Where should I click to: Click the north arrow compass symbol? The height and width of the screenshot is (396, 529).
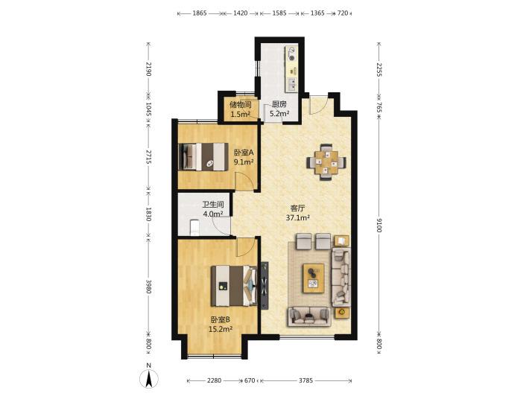point(149,378)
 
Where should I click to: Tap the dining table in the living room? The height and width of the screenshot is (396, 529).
point(326,162)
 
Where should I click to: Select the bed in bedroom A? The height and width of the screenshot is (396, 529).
point(203,157)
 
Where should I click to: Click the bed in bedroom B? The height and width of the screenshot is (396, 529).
point(233,286)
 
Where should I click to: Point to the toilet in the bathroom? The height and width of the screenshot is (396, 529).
point(194,228)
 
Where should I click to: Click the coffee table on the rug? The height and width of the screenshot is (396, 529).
point(314,278)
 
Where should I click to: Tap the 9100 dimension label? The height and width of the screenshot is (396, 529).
point(378,225)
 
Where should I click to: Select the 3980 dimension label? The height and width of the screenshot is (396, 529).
point(148,286)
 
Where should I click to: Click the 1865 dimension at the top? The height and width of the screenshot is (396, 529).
point(199,13)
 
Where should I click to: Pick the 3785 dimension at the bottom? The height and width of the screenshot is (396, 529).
point(306,380)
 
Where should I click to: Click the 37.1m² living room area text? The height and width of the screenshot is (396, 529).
point(298,217)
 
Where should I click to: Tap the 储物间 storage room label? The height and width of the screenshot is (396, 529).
point(240,104)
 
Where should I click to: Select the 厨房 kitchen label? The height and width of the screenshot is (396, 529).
point(279,104)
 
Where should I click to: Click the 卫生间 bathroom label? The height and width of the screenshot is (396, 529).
point(213,204)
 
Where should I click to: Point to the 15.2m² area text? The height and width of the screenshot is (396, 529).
point(221,329)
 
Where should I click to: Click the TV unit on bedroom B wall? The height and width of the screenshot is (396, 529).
point(264,285)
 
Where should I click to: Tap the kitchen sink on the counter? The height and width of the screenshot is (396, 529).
point(291,84)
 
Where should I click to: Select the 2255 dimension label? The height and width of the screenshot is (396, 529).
point(378,70)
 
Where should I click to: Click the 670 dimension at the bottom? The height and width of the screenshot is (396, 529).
point(250,380)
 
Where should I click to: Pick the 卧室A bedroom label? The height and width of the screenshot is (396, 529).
point(244,153)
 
